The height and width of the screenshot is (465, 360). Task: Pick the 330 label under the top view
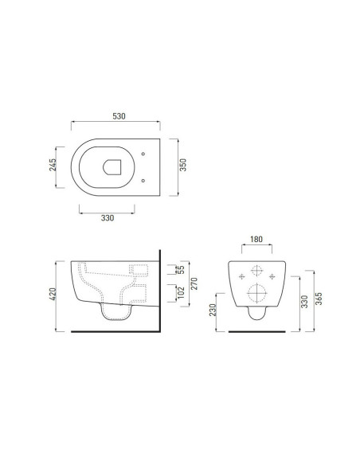coord(108,217)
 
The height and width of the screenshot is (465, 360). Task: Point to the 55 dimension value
coord(181,270)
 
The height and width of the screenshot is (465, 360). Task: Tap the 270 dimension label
coord(194,282)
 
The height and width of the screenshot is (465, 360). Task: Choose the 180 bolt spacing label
coord(256,238)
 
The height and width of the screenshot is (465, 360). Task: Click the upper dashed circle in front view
coord(256,269)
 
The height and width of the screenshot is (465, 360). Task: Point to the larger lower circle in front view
coord(256,292)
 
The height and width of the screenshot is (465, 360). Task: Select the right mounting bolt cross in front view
coord(273,276)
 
